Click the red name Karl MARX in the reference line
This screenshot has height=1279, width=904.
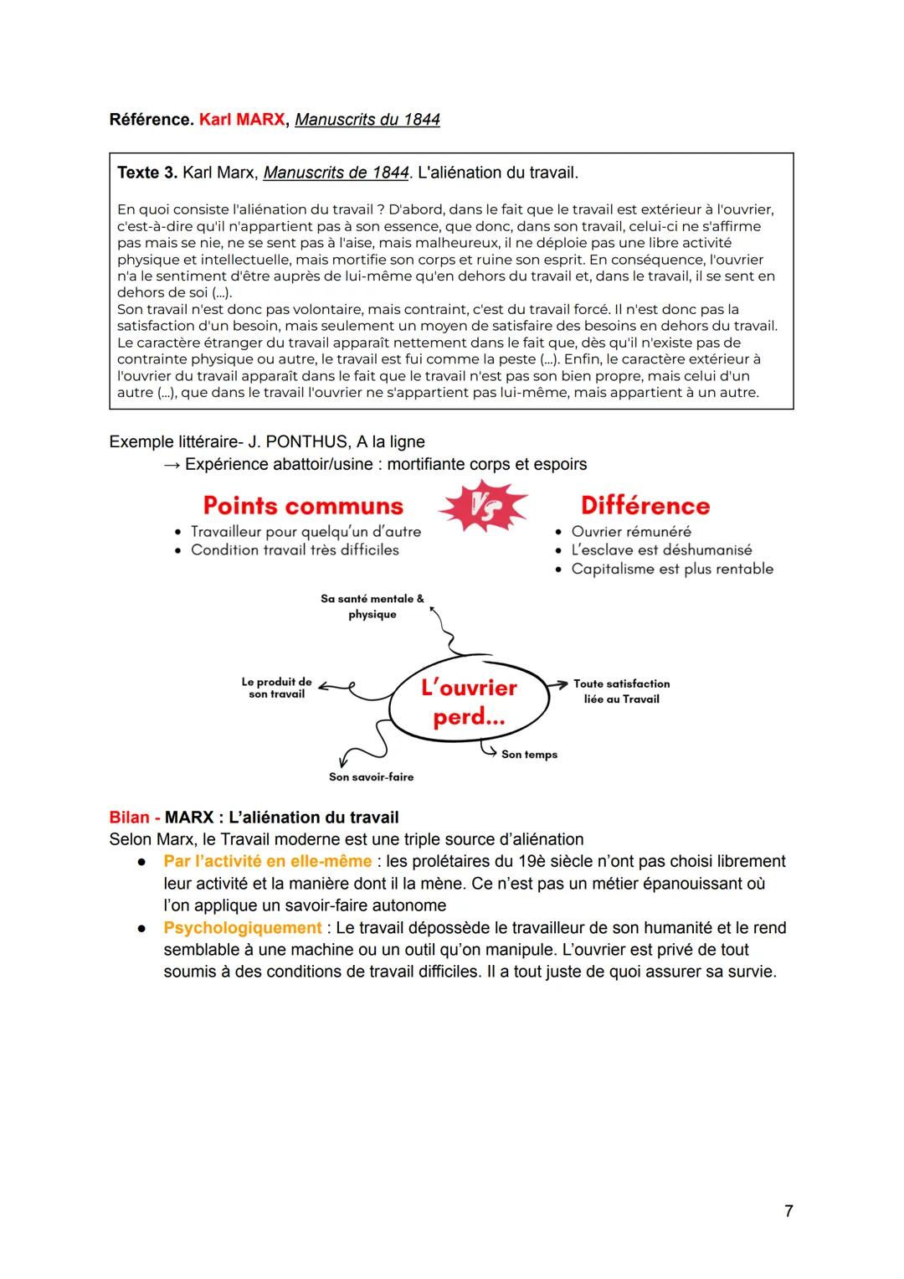coord(242,120)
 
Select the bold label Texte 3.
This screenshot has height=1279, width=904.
coord(146,173)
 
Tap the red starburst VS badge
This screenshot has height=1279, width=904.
coord(483,506)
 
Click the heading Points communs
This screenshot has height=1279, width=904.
coord(303,506)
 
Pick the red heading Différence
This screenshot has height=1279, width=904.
coord(645,506)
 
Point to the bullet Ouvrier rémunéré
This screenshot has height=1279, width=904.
coord(630,532)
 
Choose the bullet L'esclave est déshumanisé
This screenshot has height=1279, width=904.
coord(660,550)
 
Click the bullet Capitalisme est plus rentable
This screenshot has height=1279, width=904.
coord(671,570)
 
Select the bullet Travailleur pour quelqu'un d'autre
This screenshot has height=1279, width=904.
coord(306,532)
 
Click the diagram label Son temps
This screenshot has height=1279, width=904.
coord(529,755)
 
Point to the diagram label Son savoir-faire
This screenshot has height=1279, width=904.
coord(371,777)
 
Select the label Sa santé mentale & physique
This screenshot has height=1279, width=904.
coord(372,606)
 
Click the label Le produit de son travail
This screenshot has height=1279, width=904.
coord(276,688)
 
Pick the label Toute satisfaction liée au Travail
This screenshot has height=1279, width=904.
coord(621,691)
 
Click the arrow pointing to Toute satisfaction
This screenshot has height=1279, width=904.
coord(558,684)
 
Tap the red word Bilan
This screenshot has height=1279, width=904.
coord(129,817)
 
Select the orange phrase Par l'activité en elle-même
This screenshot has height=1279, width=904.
coord(267,861)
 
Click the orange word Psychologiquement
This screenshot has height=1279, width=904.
coord(242,928)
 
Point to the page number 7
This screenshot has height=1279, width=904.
coord(788,1211)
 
